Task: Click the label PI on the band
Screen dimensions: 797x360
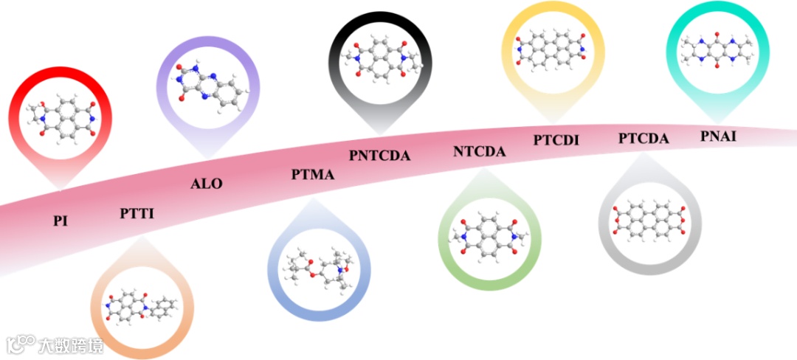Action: pos(61,220)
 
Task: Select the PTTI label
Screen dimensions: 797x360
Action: pos(137,214)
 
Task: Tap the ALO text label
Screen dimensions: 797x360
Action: pos(206,184)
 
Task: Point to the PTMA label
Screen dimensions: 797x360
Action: pos(313,175)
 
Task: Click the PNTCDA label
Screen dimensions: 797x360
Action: pos(379,155)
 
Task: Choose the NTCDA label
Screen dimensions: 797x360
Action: pos(480,152)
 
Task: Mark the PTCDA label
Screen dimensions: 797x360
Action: pos(644,138)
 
